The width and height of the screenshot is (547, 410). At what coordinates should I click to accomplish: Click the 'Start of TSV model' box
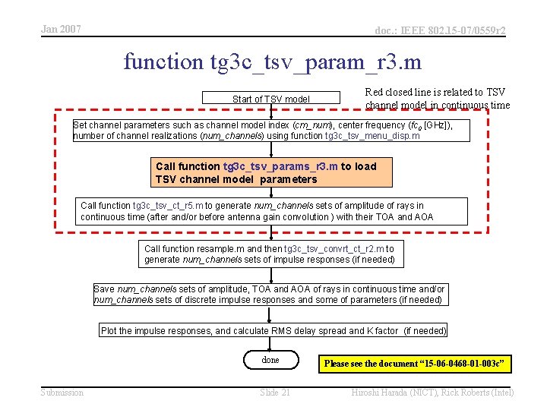coord(271,99)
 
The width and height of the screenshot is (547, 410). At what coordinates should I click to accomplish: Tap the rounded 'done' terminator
coord(270,360)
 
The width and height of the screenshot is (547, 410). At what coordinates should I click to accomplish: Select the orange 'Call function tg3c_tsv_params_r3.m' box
coord(273,173)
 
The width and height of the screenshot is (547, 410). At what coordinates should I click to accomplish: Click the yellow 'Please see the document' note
coord(414,364)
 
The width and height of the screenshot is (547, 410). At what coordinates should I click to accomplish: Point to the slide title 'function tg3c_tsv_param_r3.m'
coord(273,61)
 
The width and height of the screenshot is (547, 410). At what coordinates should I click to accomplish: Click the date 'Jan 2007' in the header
coord(61,30)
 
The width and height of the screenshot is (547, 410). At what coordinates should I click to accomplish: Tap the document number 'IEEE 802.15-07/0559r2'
coord(440,30)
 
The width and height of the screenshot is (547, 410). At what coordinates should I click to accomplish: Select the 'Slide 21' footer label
coord(275,392)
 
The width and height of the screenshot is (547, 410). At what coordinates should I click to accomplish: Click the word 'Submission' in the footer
coord(62,392)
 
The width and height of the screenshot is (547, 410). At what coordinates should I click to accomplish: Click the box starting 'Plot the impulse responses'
coord(273,330)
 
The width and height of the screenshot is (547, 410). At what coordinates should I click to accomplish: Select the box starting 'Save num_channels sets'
coord(269,295)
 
